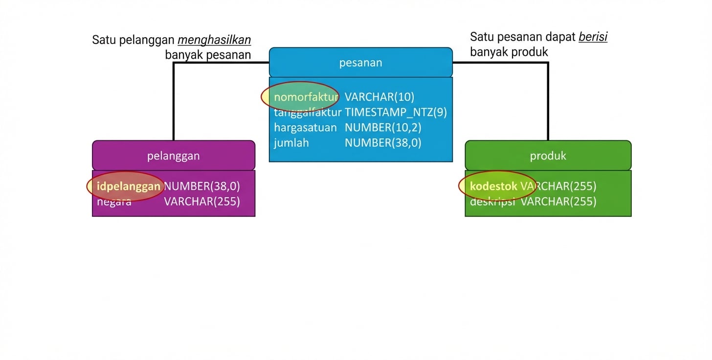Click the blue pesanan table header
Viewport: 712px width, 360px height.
(x=360, y=63)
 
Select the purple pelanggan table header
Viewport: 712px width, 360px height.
(x=174, y=156)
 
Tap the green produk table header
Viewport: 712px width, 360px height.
(x=548, y=156)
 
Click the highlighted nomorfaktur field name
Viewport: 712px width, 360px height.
(x=306, y=97)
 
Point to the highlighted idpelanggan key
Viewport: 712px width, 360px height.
(x=129, y=186)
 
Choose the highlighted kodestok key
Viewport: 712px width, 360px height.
(x=493, y=186)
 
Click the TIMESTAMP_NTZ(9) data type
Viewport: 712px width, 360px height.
(x=396, y=112)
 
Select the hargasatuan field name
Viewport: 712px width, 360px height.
(x=305, y=128)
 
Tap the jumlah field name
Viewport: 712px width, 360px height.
(x=291, y=143)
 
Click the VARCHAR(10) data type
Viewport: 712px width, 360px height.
(x=379, y=97)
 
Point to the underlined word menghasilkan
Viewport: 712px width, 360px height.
(x=214, y=40)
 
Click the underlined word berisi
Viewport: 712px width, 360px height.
(x=593, y=37)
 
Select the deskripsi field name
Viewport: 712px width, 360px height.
(x=492, y=202)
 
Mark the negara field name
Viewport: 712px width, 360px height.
(x=114, y=202)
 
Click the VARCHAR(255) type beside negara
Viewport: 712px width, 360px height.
(x=202, y=202)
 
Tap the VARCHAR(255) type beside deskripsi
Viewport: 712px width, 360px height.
(x=558, y=202)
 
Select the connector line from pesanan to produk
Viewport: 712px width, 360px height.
(x=548, y=98)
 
